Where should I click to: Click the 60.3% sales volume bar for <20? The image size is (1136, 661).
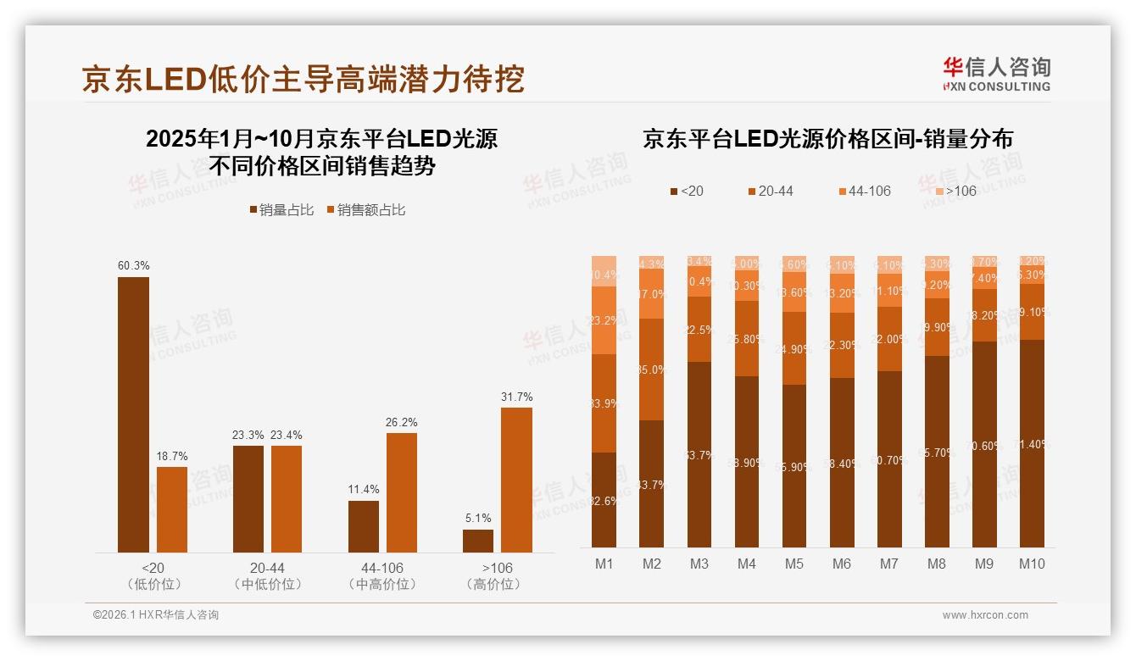133,414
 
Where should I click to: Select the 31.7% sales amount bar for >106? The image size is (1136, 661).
516,480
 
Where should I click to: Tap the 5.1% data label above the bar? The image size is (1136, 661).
477,518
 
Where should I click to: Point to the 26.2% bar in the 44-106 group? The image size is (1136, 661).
402,492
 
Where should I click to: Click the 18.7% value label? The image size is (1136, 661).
172,456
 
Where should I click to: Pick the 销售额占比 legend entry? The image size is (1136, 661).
365,209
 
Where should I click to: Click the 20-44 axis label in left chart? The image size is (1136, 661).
267,567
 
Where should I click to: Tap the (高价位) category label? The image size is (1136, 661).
493,584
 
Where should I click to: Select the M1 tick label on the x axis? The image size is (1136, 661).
604,564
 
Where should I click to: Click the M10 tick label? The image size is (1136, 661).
1032,564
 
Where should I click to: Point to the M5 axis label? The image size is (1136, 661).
794,564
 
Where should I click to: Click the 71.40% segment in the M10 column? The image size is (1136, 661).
1032,443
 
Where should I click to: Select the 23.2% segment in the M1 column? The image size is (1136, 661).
604,320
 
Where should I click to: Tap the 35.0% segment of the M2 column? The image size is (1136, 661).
651,369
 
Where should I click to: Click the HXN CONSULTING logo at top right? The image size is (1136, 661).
996,75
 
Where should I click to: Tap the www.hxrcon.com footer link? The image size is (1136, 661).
984,615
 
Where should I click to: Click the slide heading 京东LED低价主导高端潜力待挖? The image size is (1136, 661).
303,78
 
